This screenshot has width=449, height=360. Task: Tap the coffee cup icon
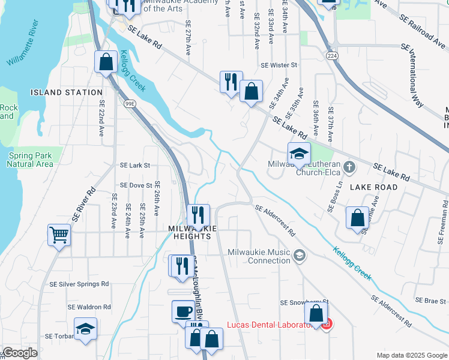183,311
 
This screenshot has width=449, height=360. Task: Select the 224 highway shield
331,55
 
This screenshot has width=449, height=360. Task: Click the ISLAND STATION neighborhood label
67,92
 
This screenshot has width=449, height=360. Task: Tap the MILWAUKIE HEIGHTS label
189,232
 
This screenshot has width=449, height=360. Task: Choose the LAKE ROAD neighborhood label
374,187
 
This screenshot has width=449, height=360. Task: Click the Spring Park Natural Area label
30,160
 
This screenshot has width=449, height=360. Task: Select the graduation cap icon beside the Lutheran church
299,154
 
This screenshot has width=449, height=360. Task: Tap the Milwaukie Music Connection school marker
299,257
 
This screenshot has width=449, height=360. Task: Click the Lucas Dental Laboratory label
270,325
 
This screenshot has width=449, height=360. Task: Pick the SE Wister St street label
279,65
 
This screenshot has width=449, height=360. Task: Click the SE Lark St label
134,165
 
